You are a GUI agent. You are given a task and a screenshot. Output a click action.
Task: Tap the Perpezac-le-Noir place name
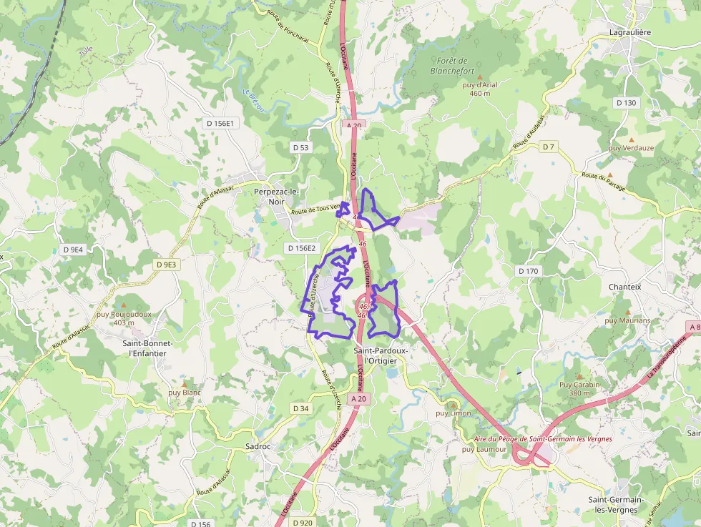click(275, 197)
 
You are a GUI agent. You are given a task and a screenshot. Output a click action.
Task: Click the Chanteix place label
click(624, 287)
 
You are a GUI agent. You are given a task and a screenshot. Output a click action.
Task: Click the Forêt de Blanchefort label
click(449, 66)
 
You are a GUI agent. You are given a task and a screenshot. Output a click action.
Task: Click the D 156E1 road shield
click(220, 123)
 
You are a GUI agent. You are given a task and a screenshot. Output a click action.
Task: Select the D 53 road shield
click(301, 147)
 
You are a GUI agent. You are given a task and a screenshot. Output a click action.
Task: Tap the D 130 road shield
click(626, 103)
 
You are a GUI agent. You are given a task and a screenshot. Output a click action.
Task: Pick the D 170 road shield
click(528, 271)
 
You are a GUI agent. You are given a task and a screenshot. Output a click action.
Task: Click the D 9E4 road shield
click(73, 250)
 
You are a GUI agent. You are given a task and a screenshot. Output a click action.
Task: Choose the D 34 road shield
click(301, 408)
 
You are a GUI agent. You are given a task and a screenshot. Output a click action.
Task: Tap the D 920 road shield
click(303, 523)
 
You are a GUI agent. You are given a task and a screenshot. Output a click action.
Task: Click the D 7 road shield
click(548, 147)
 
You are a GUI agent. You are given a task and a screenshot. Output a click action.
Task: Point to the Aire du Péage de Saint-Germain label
click(533, 438)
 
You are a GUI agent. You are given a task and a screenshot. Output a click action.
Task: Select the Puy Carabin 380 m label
click(579, 388)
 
